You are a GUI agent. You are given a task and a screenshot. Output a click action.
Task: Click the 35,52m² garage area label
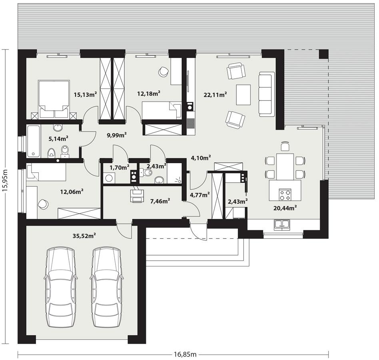click(84, 236)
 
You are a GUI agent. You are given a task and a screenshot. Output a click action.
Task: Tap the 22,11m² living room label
click(215, 94)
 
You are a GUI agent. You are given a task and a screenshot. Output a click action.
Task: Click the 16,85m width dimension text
click(185, 354)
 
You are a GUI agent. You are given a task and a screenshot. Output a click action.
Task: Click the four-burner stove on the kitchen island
click(285, 195)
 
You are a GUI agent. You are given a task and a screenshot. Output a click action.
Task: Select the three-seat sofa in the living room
click(267, 94)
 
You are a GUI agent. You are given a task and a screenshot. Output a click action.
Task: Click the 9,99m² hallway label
click(117, 135)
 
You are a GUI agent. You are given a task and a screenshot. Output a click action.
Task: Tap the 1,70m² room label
click(119, 167)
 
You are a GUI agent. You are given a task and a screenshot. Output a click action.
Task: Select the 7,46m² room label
click(160, 201)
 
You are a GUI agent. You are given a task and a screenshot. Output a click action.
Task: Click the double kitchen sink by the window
click(283, 225)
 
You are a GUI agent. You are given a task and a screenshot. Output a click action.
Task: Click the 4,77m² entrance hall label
click(200, 195)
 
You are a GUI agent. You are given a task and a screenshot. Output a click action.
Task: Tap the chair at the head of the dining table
click(285, 146)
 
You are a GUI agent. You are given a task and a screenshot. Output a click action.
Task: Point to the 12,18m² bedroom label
click(148, 93)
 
